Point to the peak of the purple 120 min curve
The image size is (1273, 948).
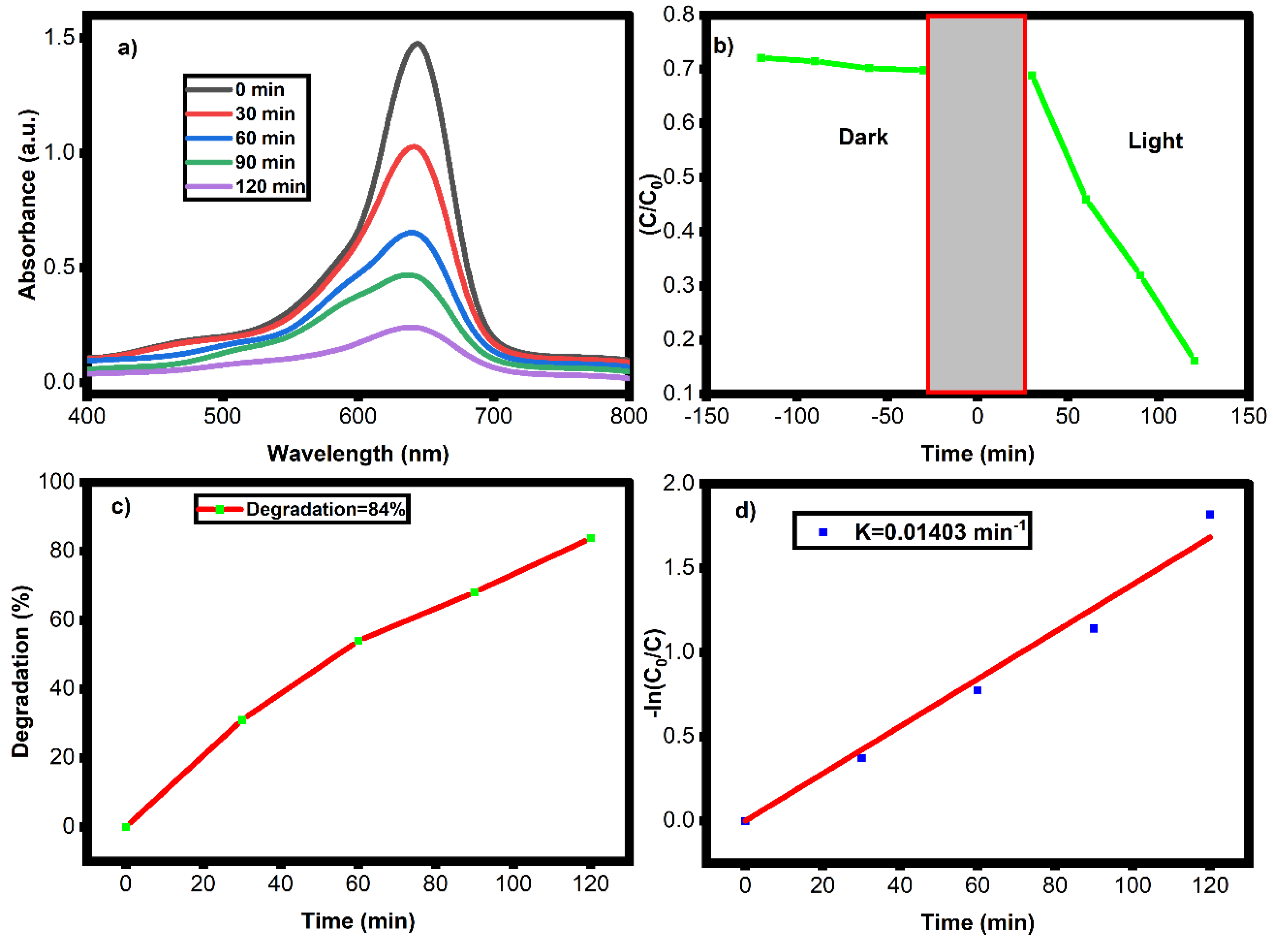[411, 328]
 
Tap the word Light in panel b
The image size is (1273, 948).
[1154, 141]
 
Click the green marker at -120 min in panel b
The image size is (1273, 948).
[761, 58]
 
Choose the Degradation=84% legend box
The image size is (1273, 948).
[302, 509]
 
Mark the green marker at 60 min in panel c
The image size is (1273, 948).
[358, 640]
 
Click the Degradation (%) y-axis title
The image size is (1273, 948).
[21, 672]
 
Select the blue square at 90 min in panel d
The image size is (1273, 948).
[1093, 628]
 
